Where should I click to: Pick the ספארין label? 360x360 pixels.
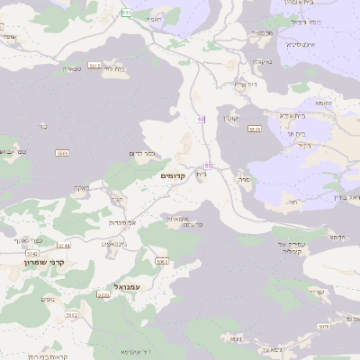[x=72, y=68]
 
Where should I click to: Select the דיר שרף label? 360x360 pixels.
[x=245, y=85]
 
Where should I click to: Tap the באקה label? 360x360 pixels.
[x=80, y=188]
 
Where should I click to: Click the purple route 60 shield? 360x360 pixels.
[x=202, y=119]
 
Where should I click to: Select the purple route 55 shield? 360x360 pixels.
[x=208, y=166]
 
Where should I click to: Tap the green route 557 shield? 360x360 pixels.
[x=126, y=12]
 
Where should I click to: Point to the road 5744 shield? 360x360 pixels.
[x=63, y=245]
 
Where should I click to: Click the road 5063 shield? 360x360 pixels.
[x=162, y=261]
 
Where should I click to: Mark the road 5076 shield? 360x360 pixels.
[x=322, y=328]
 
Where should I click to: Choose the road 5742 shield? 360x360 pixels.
[x=32, y=255]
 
